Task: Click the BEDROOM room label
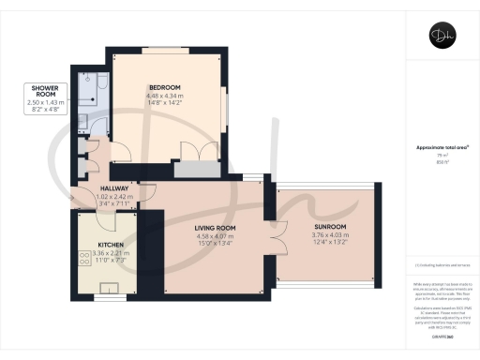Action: click(164, 88)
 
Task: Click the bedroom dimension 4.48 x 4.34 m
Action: click(164, 97)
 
